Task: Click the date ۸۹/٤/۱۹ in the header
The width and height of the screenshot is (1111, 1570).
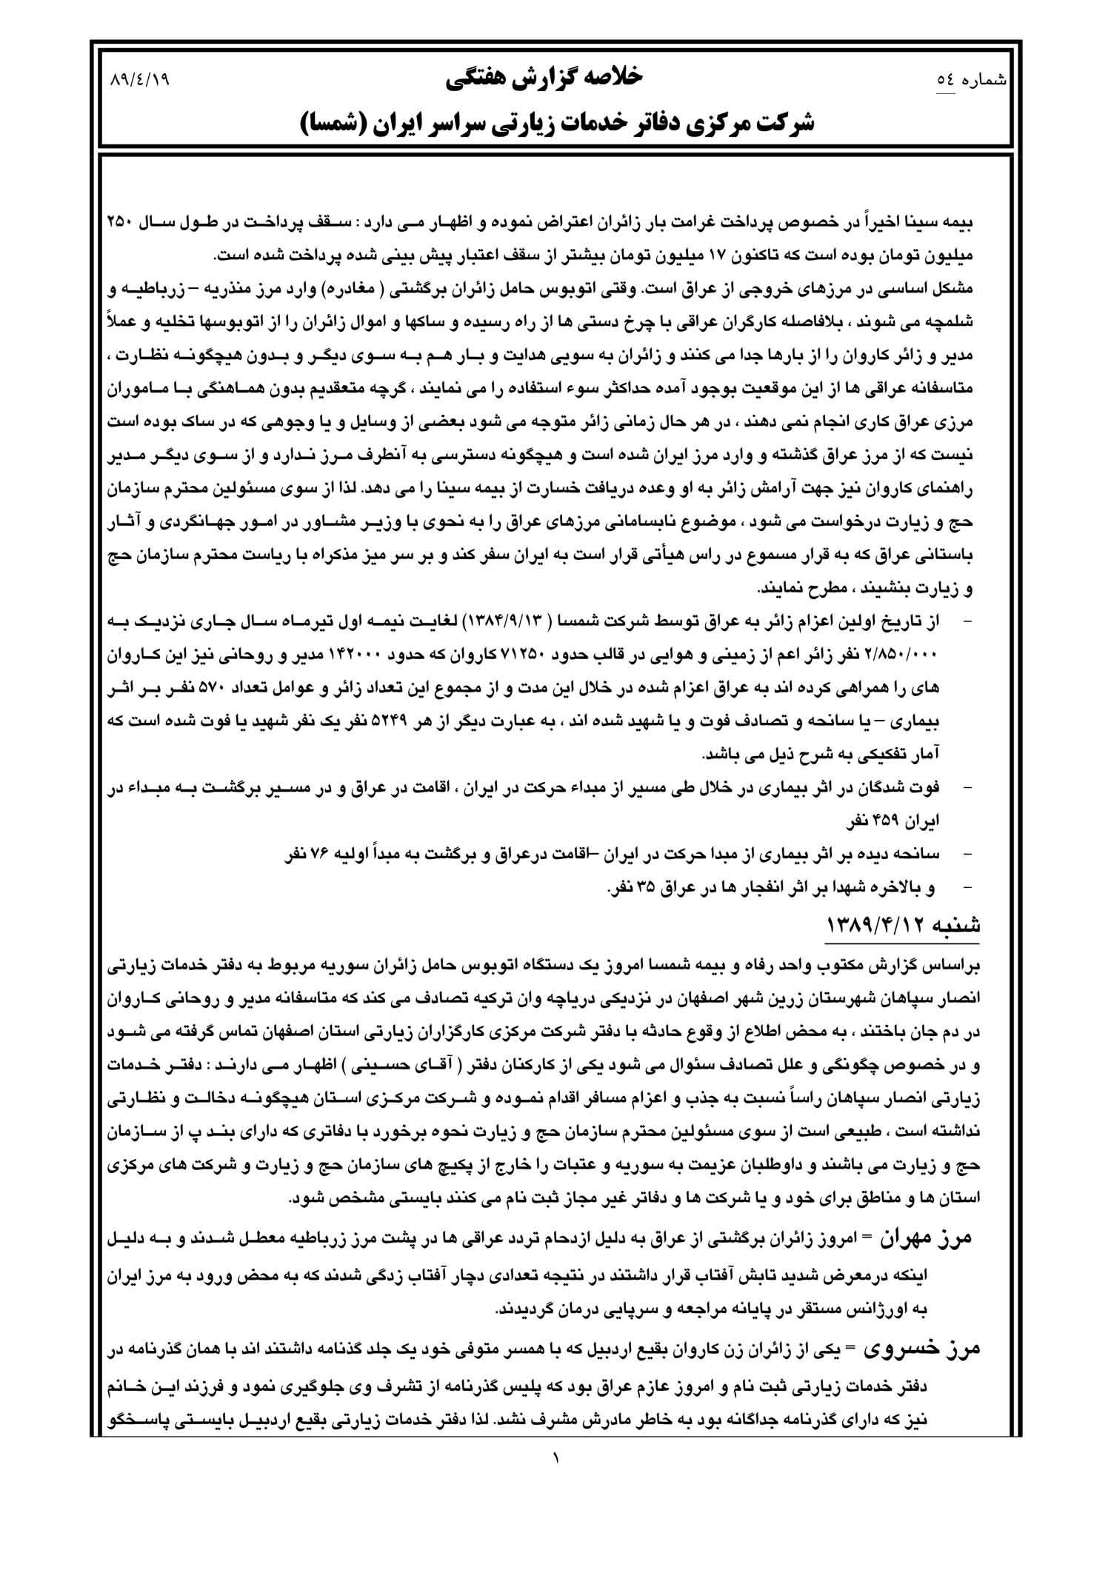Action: tap(139, 78)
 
